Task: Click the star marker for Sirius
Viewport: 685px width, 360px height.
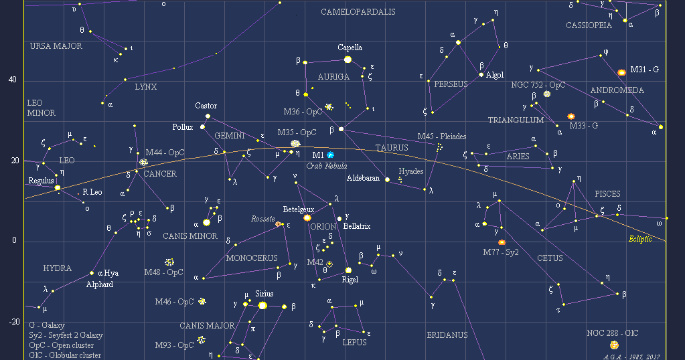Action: click(262, 305)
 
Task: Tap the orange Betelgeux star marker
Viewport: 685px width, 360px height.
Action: click(307, 217)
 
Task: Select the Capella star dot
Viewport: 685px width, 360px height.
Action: click(348, 60)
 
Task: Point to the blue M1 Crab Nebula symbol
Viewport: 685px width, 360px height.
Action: click(330, 155)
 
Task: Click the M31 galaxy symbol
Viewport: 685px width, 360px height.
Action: click(621, 72)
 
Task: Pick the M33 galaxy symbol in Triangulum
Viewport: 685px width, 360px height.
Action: click(571, 116)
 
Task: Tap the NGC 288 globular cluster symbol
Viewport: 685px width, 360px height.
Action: click(614, 345)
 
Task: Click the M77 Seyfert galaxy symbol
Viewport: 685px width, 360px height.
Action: click(502, 242)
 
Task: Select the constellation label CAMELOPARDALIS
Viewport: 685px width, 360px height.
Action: click(358, 12)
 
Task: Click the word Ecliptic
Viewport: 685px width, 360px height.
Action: click(640, 239)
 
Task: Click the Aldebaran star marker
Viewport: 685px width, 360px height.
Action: click(387, 179)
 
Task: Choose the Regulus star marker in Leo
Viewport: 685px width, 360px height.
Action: click(58, 187)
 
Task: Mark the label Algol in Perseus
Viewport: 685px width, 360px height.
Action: click(495, 75)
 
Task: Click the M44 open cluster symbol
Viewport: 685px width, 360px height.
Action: click(143, 163)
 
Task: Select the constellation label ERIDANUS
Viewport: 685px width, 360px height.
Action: click(447, 335)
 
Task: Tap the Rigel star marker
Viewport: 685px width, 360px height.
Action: click(348, 270)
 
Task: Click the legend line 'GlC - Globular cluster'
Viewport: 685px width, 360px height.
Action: click(65, 355)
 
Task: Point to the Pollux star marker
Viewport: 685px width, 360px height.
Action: click(202, 127)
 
